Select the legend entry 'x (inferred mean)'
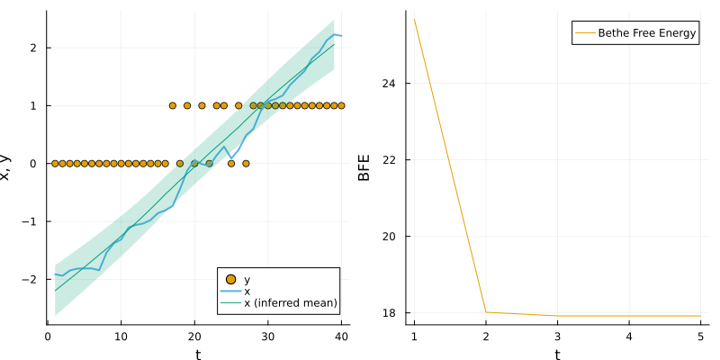291,303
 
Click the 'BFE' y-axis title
364,167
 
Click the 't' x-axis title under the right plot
557,354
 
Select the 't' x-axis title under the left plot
198,354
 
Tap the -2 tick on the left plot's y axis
35,279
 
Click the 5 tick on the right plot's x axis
700,335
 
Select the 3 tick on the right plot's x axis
557,335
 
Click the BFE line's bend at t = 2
486,312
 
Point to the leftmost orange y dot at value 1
172,105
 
